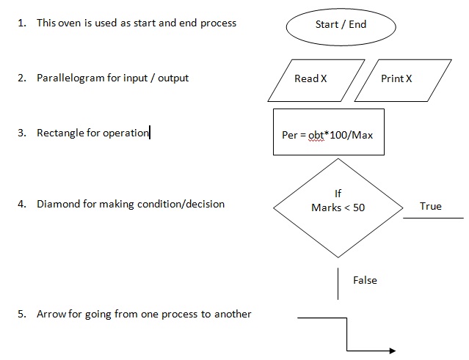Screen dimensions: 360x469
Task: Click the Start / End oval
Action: point(340,25)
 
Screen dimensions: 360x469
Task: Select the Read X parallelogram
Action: point(310,79)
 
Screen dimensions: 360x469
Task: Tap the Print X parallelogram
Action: point(396,79)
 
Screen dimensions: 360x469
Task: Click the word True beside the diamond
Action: point(431,206)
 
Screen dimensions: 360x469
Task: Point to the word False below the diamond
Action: point(365,280)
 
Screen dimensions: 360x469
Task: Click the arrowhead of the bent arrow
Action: point(392,350)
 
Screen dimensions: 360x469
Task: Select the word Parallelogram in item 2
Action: point(70,78)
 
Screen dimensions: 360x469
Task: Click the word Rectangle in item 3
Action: point(60,133)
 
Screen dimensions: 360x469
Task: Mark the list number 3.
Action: point(21,133)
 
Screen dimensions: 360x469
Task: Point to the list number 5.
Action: point(21,314)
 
